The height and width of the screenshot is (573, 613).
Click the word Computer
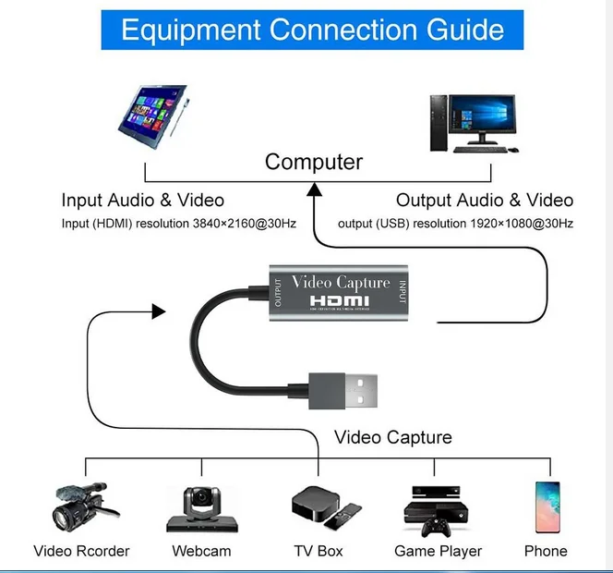coord(314,162)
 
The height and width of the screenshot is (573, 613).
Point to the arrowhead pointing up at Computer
coord(315,189)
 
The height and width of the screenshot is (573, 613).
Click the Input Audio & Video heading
coord(142,200)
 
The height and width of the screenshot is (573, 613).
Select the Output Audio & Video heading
coord(484,200)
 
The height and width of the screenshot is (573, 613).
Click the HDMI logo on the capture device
coord(341,301)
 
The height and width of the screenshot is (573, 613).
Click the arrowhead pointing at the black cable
coord(159,311)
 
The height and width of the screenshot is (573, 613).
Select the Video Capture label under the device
coord(392,437)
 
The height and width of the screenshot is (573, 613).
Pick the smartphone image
coord(547,507)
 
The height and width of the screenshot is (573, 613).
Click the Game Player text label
coord(438,551)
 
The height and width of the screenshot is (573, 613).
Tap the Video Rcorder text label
coord(81,551)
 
